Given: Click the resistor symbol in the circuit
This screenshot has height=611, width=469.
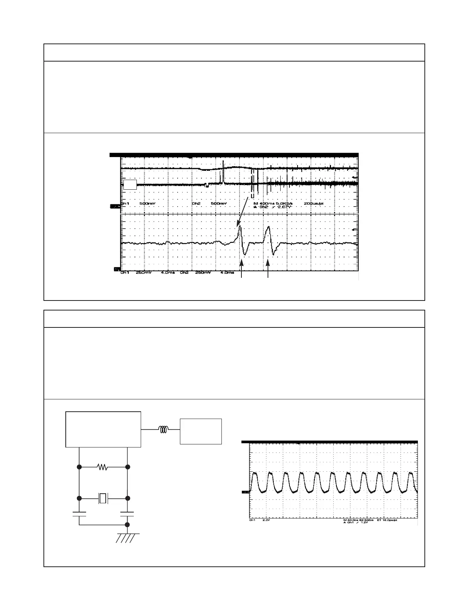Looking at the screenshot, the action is pyautogui.click(x=103, y=467).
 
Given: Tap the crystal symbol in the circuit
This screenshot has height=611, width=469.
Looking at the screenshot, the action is pyautogui.click(x=103, y=499).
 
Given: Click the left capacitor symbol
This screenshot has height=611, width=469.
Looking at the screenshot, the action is pyautogui.click(x=79, y=514).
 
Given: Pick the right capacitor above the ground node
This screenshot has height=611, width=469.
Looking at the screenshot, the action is pyautogui.click(x=127, y=514).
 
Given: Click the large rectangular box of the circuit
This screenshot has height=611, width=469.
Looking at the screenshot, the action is pyautogui.click(x=103, y=429).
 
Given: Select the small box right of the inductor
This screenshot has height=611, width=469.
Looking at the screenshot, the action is pyautogui.click(x=201, y=431).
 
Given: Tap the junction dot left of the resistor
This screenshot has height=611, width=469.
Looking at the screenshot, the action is pyautogui.click(x=79, y=467).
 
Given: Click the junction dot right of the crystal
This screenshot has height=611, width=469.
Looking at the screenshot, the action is pyautogui.click(x=128, y=499).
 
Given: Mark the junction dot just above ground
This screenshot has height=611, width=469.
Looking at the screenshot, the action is pyautogui.click(x=127, y=524).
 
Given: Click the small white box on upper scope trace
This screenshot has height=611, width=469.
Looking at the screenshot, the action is pyautogui.click(x=130, y=185).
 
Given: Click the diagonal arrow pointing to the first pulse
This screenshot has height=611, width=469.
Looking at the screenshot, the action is pyautogui.click(x=243, y=212).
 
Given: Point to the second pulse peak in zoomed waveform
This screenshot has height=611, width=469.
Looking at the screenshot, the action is pyautogui.click(x=268, y=228).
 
